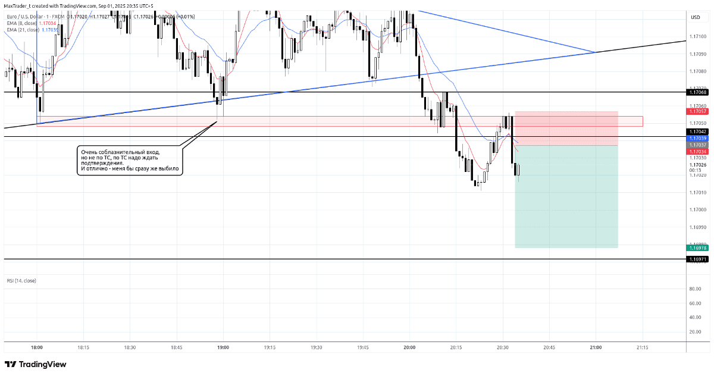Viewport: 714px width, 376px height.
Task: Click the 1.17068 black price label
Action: tap(697, 92)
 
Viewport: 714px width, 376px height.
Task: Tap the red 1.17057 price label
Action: tap(697, 111)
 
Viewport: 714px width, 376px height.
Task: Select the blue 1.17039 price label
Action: tap(697, 138)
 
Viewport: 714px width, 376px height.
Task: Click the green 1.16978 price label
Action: tap(697, 247)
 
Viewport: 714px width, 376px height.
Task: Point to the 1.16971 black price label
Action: tap(697, 259)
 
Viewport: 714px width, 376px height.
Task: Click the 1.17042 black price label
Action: tap(697, 131)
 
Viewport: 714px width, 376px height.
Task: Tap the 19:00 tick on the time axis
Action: tap(223, 347)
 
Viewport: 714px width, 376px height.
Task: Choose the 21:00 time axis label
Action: tap(596, 347)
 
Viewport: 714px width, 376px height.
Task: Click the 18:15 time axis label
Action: tap(83, 347)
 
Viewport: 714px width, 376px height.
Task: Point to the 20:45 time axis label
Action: tap(549, 347)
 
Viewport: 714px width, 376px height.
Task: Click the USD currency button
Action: tap(695, 17)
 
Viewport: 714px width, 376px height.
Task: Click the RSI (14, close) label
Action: tap(21, 280)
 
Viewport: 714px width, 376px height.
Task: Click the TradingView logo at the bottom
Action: tap(36, 364)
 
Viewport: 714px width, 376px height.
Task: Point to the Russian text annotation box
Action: tap(130, 161)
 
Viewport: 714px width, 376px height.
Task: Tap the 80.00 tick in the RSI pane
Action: tap(694, 289)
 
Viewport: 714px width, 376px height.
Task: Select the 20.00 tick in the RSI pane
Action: tap(694, 331)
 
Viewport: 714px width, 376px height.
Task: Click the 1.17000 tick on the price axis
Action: tap(697, 210)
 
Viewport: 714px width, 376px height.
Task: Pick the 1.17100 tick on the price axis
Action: tap(697, 37)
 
